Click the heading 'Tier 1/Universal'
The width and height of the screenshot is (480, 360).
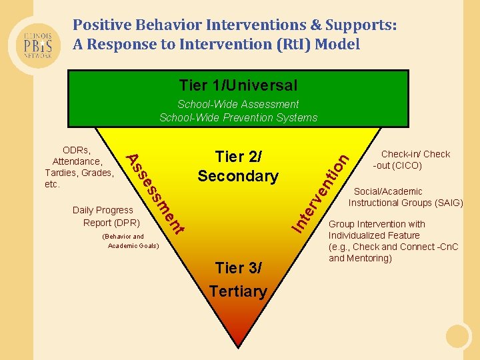[x=238, y=85]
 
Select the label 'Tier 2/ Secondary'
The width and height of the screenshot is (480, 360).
[x=238, y=167]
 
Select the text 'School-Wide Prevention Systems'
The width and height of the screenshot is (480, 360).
[x=238, y=117]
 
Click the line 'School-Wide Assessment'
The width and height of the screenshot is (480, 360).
[x=238, y=104]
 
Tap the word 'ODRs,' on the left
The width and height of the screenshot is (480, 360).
[x=77, y=150]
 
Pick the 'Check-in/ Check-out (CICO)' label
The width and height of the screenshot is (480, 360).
[x=411, y=159]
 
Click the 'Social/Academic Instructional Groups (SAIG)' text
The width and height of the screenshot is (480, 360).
[x=405, y=197]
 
